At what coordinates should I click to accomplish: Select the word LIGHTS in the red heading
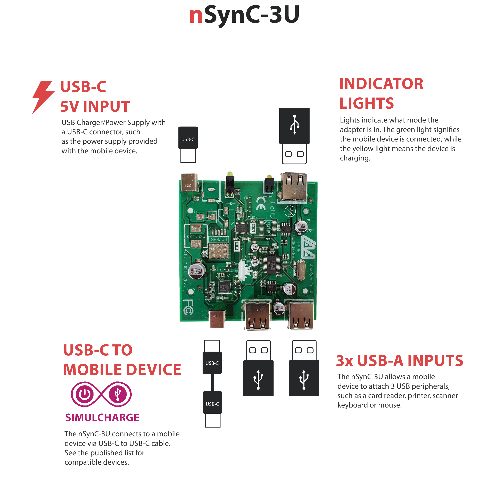[366, 103]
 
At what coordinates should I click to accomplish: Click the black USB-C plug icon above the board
[188, 138]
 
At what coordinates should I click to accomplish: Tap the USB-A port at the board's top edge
[294, 186]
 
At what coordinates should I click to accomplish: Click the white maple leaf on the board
[245, 270]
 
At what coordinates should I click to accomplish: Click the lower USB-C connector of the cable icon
[212, 404]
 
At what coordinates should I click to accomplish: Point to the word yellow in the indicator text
[363, 149]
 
